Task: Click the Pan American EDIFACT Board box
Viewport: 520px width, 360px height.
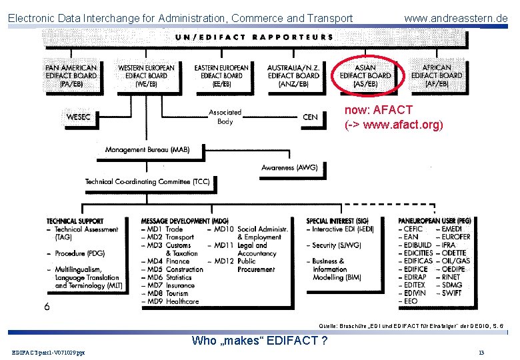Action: tap(71, 76)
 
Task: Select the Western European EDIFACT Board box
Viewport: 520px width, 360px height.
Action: tap(146, 76)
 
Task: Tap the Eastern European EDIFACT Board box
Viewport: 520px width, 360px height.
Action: tap(221, 76)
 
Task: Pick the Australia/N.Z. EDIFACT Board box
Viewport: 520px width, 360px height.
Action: tap(293, 76)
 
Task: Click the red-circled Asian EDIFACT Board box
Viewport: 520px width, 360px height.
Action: tap(365, 76)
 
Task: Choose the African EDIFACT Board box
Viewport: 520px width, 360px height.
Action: tap(437, 76)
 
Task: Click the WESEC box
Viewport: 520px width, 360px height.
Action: tap(79, 117)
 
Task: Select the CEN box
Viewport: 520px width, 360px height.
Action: tap(310, 117)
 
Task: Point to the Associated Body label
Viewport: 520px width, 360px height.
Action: tap(225, 117)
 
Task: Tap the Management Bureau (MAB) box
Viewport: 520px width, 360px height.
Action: tap(147, 150)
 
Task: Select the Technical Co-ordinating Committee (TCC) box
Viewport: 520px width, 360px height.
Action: tap(147, 181)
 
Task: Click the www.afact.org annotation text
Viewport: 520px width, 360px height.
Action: tap(393, 125)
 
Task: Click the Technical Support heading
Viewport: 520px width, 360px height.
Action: tap(75, 221)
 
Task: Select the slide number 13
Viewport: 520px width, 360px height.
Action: tap(481, 352)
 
